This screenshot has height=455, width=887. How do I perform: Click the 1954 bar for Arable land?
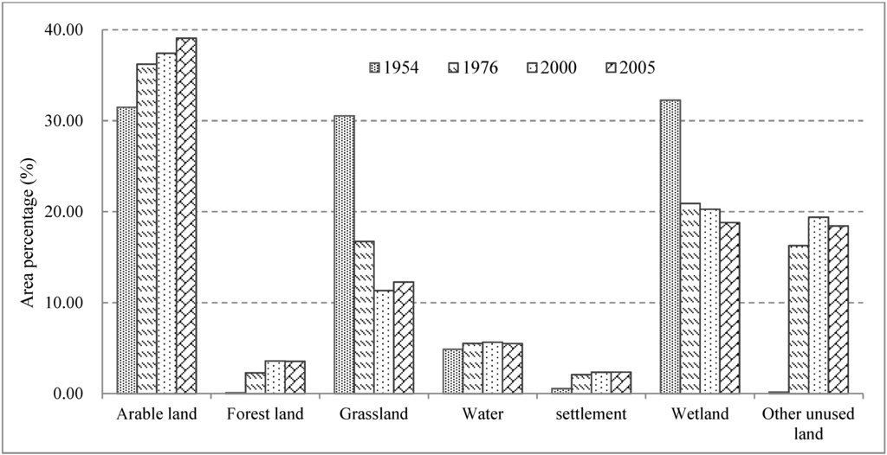[x=126, y=251]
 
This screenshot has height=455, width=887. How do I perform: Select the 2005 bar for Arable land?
[x=186, y=216]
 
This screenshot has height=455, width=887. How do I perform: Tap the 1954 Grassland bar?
[x=344, y=254]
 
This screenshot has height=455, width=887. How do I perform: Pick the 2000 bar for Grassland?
[x=384, y=342]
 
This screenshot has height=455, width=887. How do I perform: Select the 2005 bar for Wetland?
[x=729, y=308]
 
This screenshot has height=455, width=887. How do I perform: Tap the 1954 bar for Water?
[x=452, y=371]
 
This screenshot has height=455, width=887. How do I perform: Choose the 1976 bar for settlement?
[x=581, y=384]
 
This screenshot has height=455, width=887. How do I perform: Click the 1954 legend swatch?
[x=373, y=67]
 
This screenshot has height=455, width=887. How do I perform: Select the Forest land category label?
[x=265, y=414]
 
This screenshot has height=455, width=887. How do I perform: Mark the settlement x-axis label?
[x=592, y=414]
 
